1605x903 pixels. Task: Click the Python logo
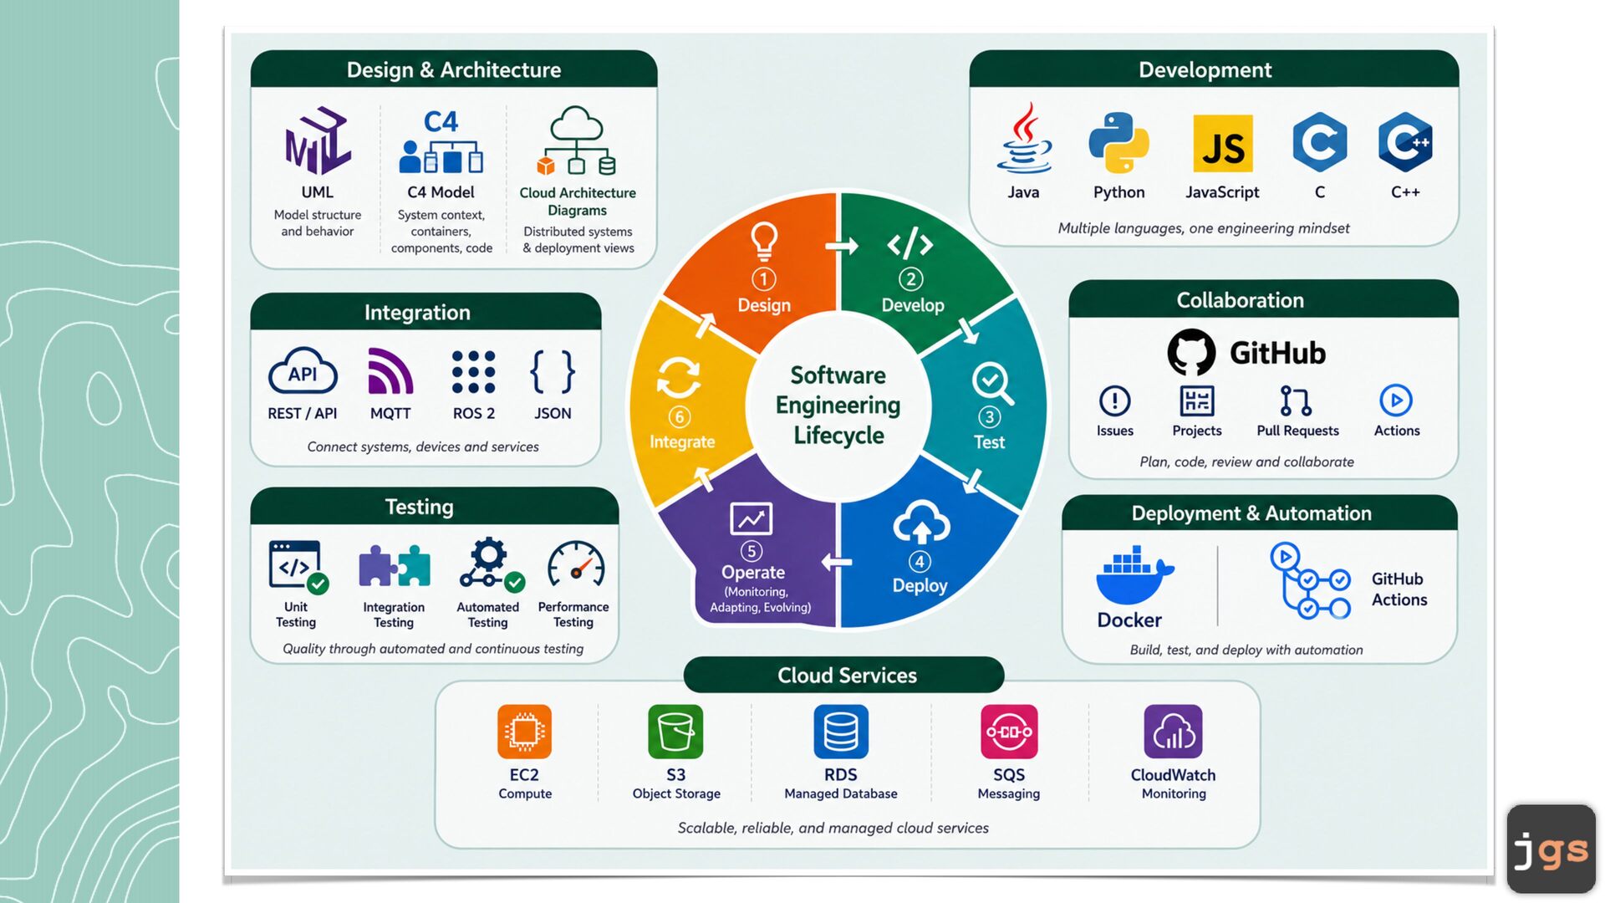pos(1118,143)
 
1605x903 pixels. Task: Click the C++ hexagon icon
pos(1405,142)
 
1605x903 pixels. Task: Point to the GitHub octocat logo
pos(1191,352)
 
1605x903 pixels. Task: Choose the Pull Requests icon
pos(1296,401)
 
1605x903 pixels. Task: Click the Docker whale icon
pos(1134,575)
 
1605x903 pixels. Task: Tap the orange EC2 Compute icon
pos(525,732)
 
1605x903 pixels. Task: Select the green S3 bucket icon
pos(675,732)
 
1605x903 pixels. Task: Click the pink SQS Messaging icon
pos(1009,732)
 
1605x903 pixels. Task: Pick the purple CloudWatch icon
pos(1174,732)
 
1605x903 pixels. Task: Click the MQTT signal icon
pos(390,371)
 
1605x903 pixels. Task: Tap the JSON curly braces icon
pos(553,371)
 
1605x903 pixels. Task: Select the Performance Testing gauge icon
pos(576,565)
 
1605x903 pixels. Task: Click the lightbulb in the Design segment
pos(763,241)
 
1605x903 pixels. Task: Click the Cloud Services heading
pos(847,676)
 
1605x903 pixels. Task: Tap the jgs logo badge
pos(1551,849)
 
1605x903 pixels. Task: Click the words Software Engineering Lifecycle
pos(838,406)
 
